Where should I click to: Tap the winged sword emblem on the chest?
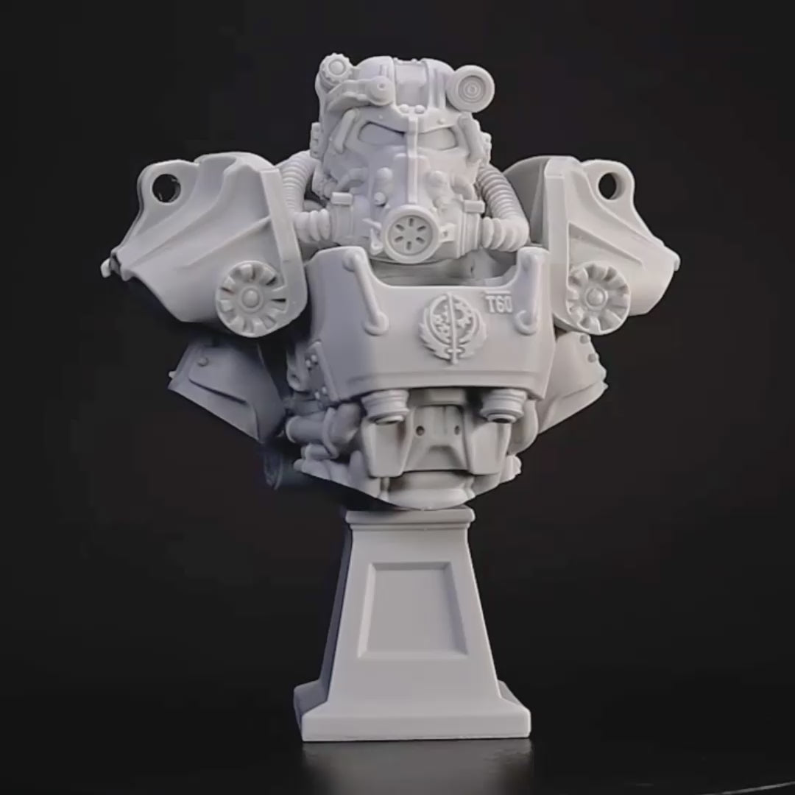coord(442,326)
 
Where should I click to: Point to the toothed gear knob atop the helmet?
coord(336,68)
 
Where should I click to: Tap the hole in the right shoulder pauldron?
coord(608,185)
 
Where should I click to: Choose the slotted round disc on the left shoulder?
coord(251,298)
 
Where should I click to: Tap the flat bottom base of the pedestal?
coord(412,713)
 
